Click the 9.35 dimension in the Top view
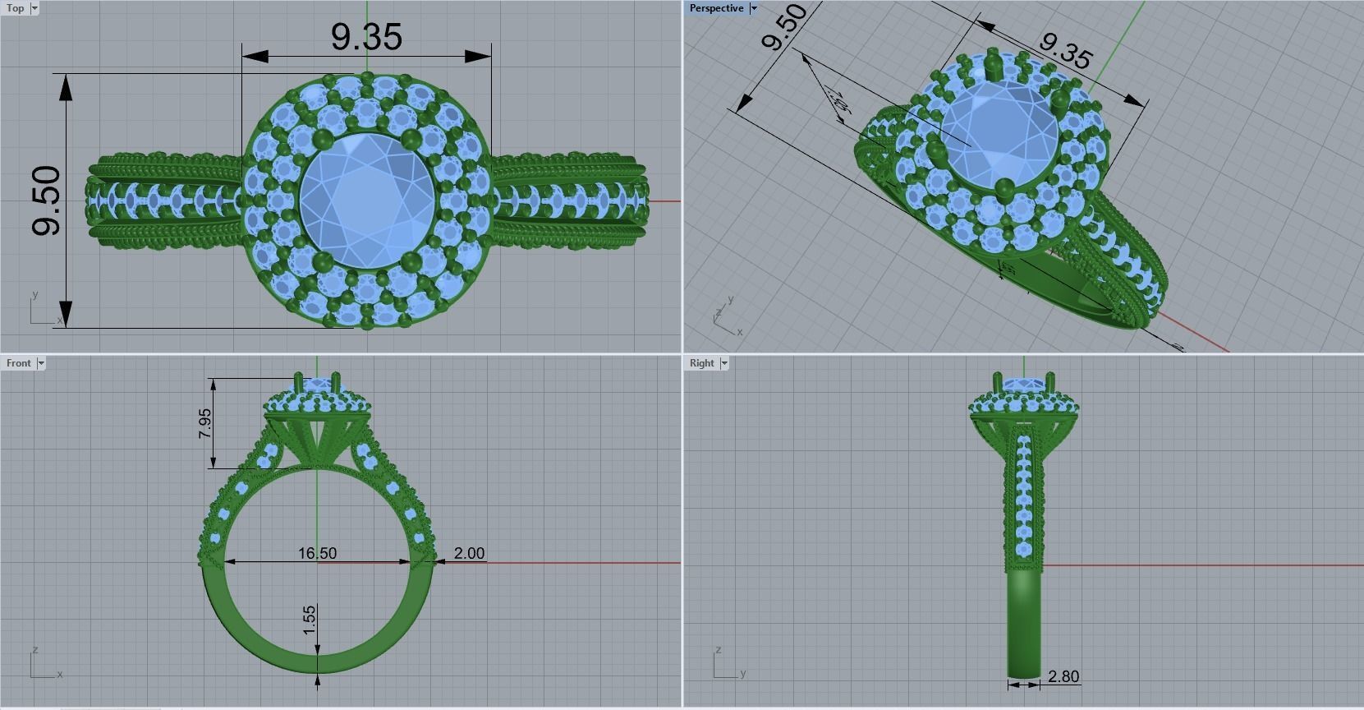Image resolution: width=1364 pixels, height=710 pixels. (366, 37)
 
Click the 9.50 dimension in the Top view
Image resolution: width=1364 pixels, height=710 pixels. (46, 201)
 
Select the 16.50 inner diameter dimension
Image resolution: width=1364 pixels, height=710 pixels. (317, 553)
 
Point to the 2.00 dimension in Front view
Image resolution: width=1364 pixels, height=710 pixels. (469, 553)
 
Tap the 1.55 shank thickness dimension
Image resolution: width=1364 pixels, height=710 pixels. (309, 620)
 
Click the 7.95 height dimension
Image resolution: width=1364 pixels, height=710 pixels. (204, 424)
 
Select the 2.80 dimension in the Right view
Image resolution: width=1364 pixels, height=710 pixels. (1063, 676)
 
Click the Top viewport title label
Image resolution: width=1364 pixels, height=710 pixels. (15, 8)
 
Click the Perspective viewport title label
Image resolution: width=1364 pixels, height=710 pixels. (716, 8)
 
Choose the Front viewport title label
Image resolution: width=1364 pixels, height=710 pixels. (18, 363)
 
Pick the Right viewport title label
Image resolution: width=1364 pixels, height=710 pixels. (702, 363)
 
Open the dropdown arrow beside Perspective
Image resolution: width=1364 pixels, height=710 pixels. (754, 8)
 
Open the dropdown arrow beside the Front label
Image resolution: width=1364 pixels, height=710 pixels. (41, 363)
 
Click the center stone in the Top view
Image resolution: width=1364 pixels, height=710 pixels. (366, 201)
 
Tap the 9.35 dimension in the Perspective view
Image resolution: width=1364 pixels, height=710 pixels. (1065, 51)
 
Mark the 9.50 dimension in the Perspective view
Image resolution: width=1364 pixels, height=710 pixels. (784, 27)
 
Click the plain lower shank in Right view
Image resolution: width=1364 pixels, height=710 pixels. (1023, 625)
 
